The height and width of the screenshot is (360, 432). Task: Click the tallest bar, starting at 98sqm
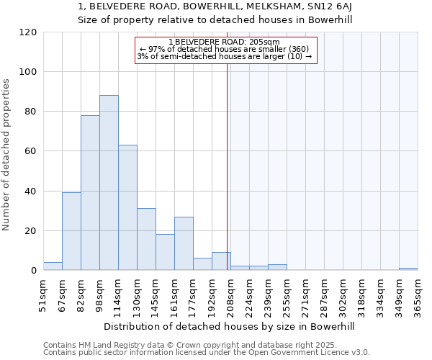109,183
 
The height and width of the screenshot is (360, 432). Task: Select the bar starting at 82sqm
90,193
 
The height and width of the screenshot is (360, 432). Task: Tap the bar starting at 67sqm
71,231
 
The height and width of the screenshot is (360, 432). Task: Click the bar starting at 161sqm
184,243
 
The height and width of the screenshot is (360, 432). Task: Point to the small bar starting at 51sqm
53,266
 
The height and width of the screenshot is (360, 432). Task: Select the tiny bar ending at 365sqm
408,269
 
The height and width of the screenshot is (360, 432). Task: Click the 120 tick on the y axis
28,32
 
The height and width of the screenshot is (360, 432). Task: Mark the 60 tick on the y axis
31,151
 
